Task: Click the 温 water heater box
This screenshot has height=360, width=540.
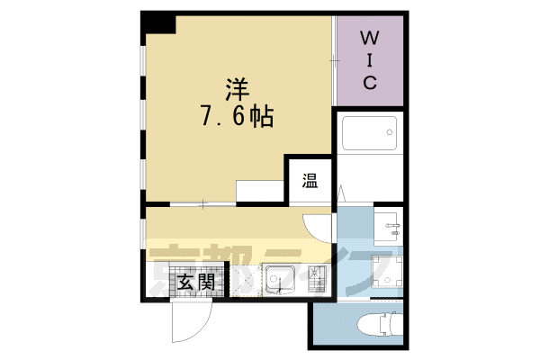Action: (x=309, y=180)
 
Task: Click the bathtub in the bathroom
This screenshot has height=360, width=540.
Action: (x=369, y=136)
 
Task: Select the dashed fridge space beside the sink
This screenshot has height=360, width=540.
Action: (x=246, y=282)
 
